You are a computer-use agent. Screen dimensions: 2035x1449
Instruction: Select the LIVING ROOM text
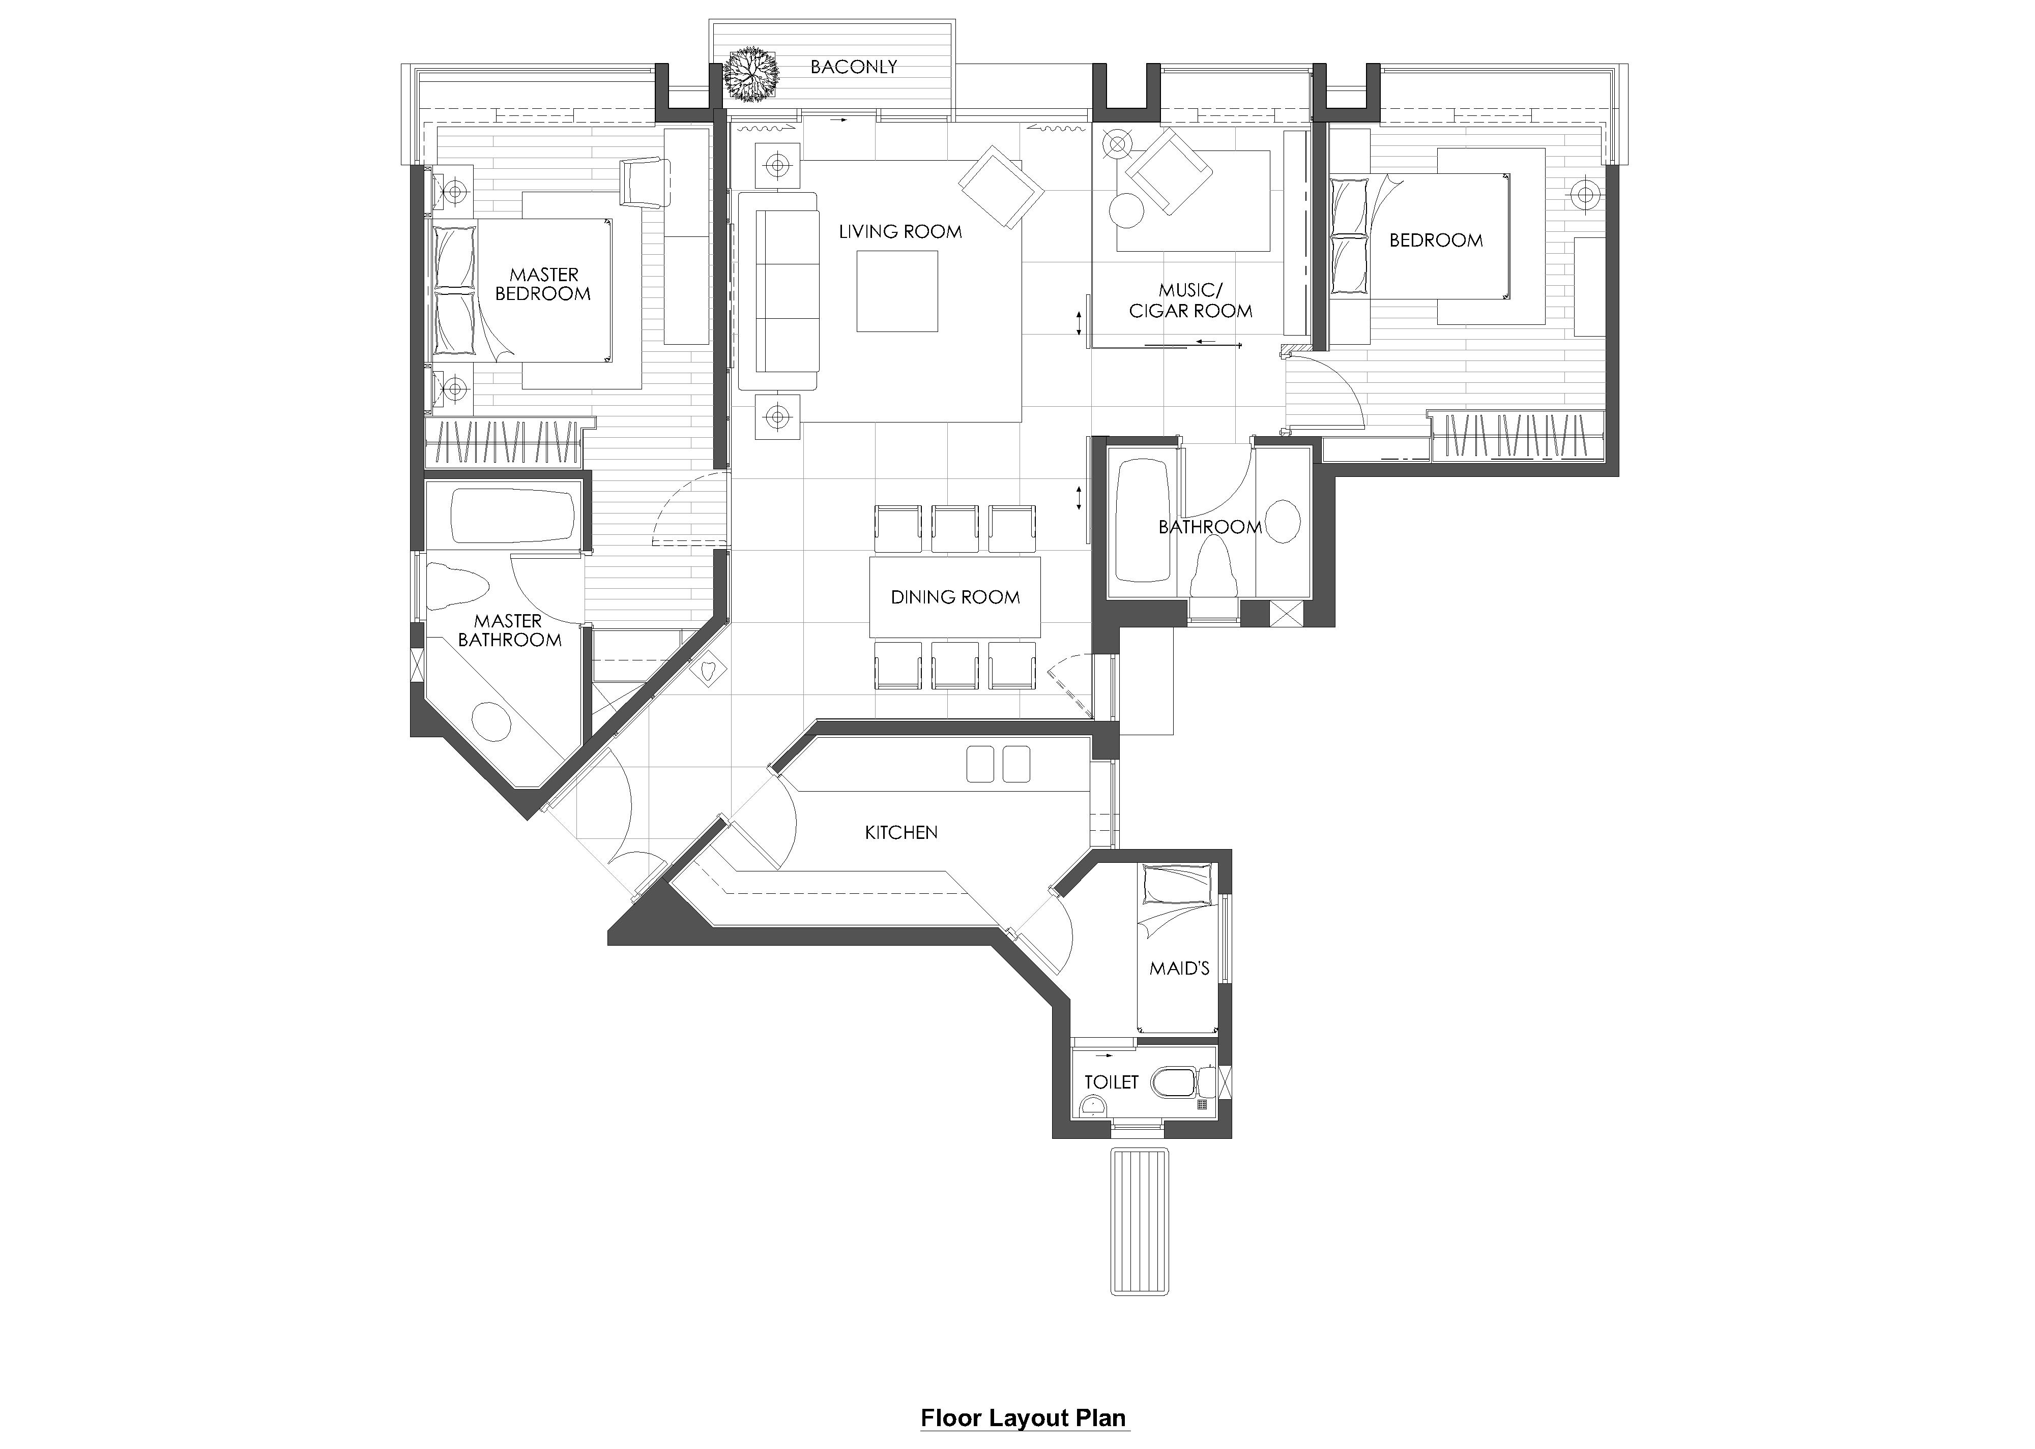(x=899, y=232)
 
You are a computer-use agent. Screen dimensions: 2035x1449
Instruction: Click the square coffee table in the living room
(x=897, y=291)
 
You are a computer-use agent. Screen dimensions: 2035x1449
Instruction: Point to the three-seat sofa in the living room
(x=778, y=291)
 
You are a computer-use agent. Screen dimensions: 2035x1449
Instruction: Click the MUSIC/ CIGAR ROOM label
(x=1190, y=300)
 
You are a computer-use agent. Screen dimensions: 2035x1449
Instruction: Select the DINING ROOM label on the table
(x=955, y=597)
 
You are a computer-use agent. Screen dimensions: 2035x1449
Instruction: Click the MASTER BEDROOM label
(x=543, y=284)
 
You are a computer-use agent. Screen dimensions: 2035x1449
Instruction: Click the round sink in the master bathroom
(x=491, y=722)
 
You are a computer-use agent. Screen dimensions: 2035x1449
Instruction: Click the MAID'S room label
(x=1179, y=968)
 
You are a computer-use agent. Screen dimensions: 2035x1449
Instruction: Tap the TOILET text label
(x=1111, y=1082)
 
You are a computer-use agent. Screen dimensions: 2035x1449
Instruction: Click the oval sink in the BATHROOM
(x=1284, y=522)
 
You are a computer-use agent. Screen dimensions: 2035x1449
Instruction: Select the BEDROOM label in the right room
(x=1436, y=240)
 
